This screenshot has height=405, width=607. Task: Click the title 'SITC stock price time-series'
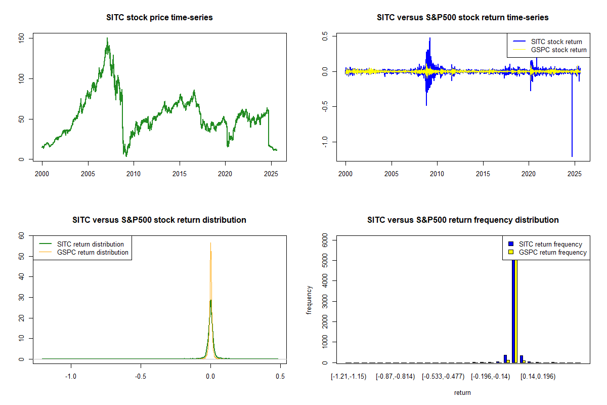(x=159, y=18)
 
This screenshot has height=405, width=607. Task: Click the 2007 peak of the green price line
(x=107, y=38)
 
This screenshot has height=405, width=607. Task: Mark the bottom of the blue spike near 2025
(x=572, y=156)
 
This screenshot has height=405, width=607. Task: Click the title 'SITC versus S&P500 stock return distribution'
(x=159, y=220)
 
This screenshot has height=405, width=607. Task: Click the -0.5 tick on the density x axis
(x=141, y=377)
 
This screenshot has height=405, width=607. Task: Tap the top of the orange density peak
(x=211, y=243)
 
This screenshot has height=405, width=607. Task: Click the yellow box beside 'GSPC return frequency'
(x=511, y=252)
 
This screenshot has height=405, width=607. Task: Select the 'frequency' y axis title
(x=310, y=300)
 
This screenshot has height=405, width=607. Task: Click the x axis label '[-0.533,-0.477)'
(x=443, y=377)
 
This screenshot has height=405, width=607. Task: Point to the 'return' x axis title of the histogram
(x=462, y=392)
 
